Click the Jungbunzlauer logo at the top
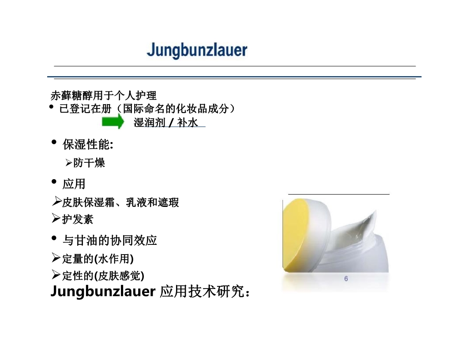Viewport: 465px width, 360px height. (197, 50)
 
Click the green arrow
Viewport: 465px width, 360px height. (112, 122)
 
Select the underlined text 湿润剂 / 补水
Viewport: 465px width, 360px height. (165, 122)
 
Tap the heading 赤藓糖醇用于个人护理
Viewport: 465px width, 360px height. (104, 95)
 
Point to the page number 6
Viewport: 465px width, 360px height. (346, 279)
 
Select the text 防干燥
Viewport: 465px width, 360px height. (89, 163)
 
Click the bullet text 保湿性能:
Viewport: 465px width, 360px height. (88, 145)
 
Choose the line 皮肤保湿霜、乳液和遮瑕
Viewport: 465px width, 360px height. (120, 202)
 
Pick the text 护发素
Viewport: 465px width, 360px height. (78, 219)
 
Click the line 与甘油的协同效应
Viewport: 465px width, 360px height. (110, 240)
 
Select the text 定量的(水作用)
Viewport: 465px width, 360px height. (98, 259)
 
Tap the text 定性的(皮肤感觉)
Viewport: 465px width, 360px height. (103, 276)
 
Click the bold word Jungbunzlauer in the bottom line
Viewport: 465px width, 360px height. (103, 291)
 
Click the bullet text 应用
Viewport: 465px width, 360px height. (74, 184)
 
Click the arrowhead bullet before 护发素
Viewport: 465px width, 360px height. (56, 218)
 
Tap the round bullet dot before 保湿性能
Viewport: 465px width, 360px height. (54, 142)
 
